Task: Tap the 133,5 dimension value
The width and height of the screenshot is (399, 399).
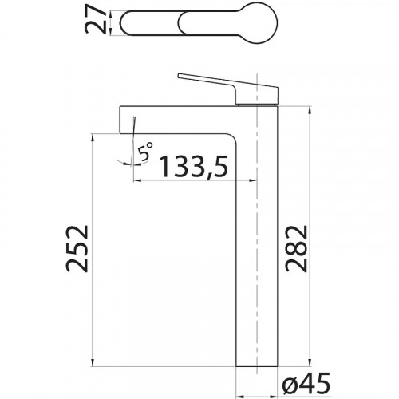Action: [193, 166]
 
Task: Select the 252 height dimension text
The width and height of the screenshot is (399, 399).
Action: [77, 248]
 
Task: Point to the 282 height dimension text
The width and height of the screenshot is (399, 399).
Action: [296, 249]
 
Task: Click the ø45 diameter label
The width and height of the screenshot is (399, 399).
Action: [306, 384]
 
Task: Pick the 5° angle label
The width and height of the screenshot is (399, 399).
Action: [145, 152]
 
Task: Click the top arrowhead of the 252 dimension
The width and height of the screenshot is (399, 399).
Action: [93, 137]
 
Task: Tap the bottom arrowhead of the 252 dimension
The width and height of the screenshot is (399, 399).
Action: [93, 362]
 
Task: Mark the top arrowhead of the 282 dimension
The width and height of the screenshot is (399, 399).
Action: [310, 111]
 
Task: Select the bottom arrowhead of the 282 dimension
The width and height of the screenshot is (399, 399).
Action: [310, 362]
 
